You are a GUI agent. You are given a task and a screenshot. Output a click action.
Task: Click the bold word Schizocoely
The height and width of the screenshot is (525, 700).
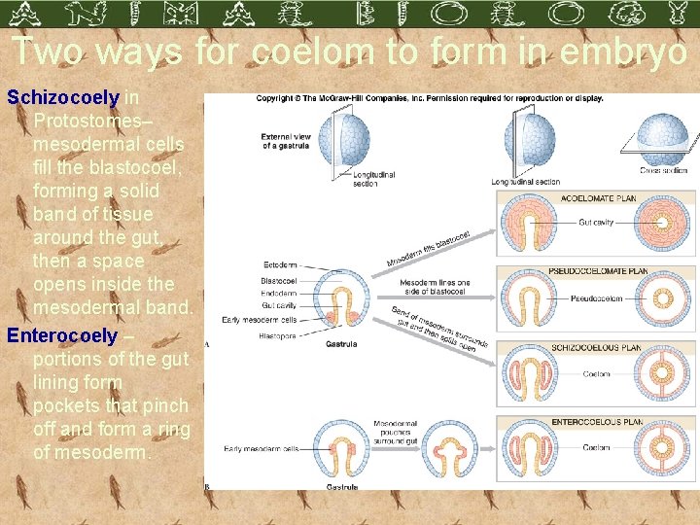pyautogui.click(x=63, y=98)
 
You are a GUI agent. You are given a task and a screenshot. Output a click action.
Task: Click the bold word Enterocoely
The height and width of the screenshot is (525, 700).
pyautogui.click(x=62, y=335)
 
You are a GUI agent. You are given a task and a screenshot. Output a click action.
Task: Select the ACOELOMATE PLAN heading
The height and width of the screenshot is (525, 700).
pyautogui.click(x=600, y=198)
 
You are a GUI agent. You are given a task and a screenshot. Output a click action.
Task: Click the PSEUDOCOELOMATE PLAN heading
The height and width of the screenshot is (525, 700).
pyautogui.click(x=598, y=272)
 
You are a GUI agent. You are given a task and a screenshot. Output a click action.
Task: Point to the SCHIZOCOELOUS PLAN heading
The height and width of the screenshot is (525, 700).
pyautogui.click(x=596, y=347)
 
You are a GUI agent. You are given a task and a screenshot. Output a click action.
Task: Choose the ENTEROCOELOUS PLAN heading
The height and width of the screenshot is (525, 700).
pyautogui.click(x=597, y=422)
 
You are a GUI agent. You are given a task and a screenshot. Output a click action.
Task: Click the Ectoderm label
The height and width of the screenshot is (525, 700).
pyautogui.click(x=280, y=264)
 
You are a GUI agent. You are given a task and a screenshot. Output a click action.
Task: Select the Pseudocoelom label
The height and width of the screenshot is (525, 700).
pyautogui.click(x=597, y=298)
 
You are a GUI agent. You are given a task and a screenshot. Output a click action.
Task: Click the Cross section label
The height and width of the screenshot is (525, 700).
pyautogui.click(x=664, y=170)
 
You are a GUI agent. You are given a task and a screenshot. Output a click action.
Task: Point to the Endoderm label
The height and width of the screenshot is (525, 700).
pyautogui.click(x=279, y=292)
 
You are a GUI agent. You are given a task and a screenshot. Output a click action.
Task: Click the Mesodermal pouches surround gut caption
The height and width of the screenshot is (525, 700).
pyautogui.click(x=395, y=432)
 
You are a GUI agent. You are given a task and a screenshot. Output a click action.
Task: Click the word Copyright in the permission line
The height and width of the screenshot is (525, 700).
pyautogui.click(x=276, y=98)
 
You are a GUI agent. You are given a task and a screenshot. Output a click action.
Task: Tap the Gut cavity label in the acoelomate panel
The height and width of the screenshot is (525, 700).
pyautogui.click(x=596, y=223)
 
